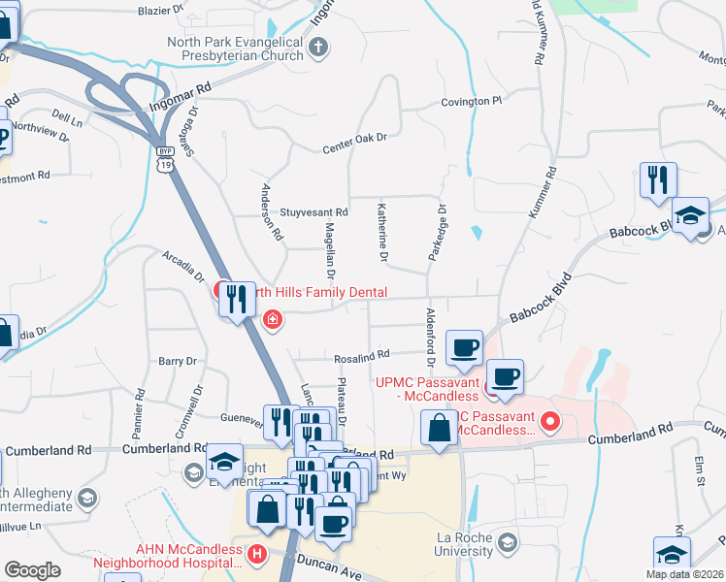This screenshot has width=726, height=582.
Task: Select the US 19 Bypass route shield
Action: click(x=165, y=160)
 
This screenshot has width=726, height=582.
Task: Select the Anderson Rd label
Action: click(x=272, y=212)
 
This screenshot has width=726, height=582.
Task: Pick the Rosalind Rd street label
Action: click(x=361, y=356)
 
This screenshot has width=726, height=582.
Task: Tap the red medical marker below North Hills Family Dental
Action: click(x=273, y=319)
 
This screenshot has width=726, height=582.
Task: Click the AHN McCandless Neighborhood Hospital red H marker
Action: click(x=257, y=555)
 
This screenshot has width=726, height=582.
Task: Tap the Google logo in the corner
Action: click(x=32, y=570)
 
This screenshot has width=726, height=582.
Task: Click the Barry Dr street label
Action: click(x=178, y=361)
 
